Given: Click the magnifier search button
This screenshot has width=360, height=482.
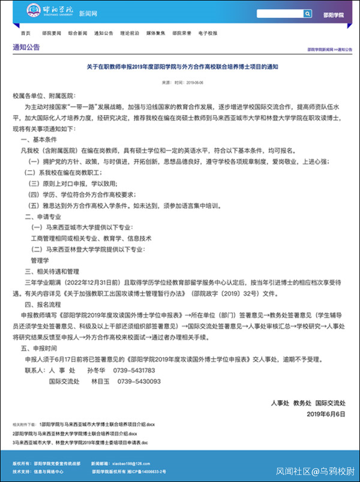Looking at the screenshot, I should pyautogui.click(x=308, y=14).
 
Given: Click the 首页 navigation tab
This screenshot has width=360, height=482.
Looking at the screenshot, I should pyautogui.click(x=25, y=33).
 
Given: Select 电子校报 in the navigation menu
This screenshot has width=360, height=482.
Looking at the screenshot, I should pyautogui.click(x=208, y=33).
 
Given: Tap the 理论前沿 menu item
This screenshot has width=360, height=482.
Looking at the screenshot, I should pyautogui.click(x=129, y=33).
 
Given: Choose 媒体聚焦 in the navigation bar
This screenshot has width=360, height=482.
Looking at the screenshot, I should pyautogui.click(x=156, y=33).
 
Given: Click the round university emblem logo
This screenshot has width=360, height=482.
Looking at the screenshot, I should pyautogui.click(x=34, y=11).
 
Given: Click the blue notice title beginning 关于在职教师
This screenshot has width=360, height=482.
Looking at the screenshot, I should pyautogui.click(x=182, y=66).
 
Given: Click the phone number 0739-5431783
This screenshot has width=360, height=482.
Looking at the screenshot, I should pyautogui.click(x=136, y=370).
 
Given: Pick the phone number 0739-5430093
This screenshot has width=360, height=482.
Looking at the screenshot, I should pyautogui.click(x=139, y=381).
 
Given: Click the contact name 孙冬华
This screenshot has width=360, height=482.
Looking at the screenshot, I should pyautogui.click(x=97, y=370).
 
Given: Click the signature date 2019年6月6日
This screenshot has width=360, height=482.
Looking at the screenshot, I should pyautogui.click(x=326, y=414).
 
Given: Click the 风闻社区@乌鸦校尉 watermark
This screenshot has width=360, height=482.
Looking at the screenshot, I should pyautogui.click(x=315, y=471).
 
